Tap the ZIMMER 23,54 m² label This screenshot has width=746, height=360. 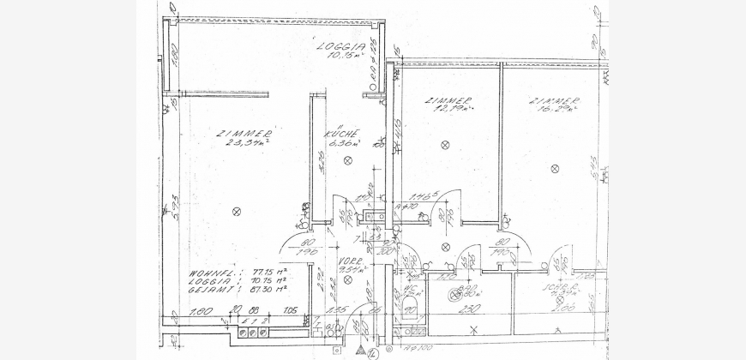244,139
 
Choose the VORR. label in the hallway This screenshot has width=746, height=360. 351,267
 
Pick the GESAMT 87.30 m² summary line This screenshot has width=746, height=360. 237,291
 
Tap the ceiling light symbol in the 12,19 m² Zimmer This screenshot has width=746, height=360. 444,146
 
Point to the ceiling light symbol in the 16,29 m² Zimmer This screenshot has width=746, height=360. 549,145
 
